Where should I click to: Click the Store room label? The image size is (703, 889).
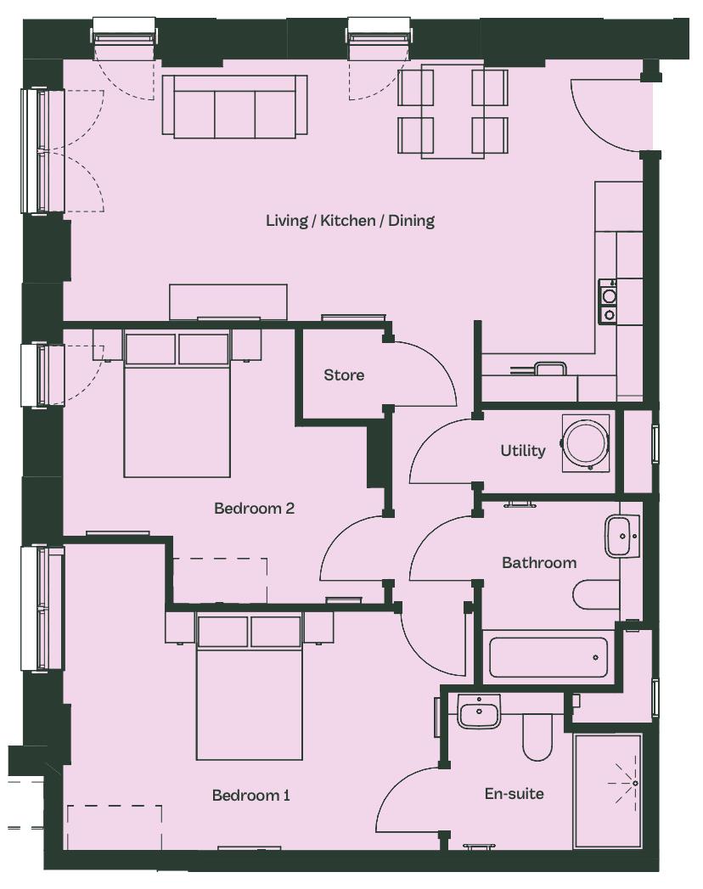(344, 374)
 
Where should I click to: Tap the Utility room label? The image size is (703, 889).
(523, 451)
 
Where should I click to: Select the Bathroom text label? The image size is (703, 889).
(539, 562)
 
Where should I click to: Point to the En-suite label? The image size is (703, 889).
(515, 793)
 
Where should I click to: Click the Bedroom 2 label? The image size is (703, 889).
(254, 508)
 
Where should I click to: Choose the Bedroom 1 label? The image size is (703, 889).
(250, 796)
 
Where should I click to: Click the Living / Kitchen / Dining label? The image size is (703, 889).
(351, 221)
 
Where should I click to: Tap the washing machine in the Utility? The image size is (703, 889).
(588, 442)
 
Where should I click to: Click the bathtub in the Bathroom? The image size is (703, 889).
(548, 658)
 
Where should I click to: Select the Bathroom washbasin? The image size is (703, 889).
(622, 536)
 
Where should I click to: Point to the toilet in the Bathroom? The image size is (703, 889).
(596, 594)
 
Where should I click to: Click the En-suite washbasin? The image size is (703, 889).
(480, 712)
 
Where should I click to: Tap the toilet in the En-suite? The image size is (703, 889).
(537, 737)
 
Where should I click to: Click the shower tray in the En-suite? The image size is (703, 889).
(608, 791)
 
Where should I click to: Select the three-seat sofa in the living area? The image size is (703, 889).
(234, 107)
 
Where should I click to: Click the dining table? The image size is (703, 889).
(453, 112)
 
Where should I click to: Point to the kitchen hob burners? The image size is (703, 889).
(609, 303)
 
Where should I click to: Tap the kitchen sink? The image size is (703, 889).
(550, 369)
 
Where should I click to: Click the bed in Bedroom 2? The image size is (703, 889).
(177, 404)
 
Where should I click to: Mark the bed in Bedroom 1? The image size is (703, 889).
(250, 687)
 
